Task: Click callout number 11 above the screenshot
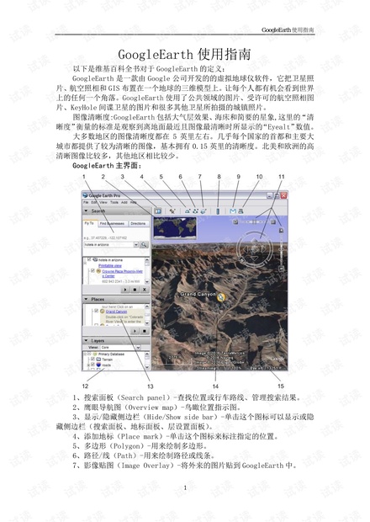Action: [281, 177]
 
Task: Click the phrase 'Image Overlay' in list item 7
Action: [150, 464]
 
